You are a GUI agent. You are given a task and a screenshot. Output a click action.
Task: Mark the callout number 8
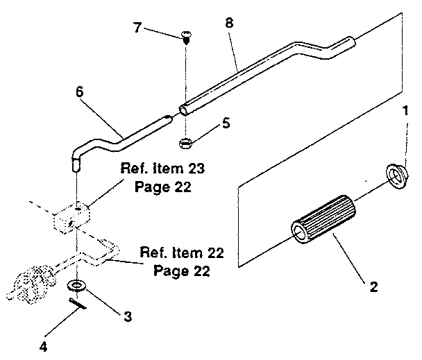(x=230, y=22)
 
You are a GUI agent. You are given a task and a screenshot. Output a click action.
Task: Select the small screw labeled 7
(x=187, y=37)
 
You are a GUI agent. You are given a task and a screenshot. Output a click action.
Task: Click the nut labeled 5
(x=185, y=144)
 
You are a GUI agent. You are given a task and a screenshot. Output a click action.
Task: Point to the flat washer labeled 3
(x=76, y=286)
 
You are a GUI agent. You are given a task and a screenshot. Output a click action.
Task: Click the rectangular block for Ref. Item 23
(x=71, y=216)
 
